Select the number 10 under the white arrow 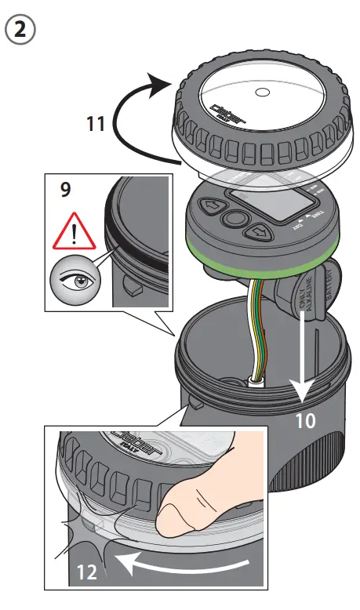click(x=306, y=420)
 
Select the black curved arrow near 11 click(x=125, y=118)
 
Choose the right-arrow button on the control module click(x=258, y=232)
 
